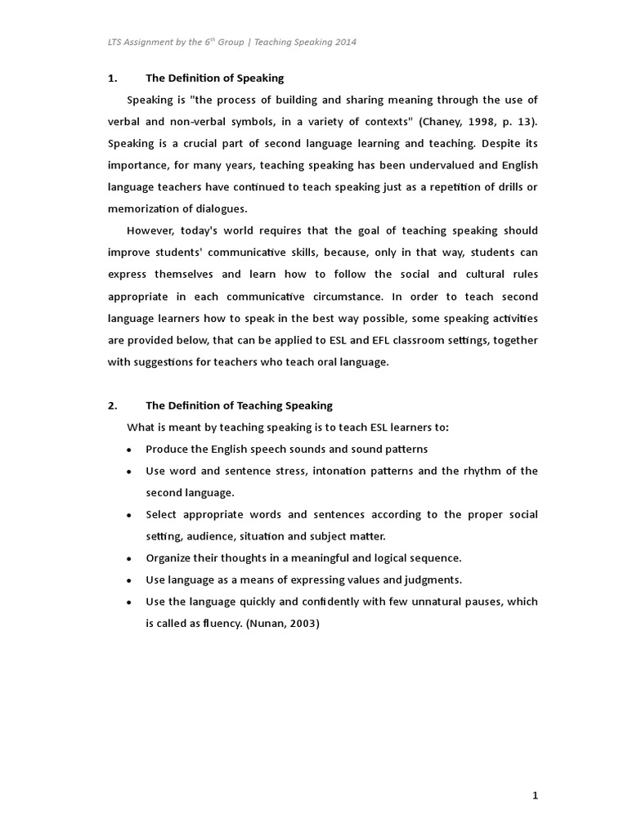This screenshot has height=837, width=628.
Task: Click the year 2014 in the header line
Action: (x=345, y=41)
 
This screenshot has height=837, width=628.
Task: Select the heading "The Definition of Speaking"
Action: (x=214, y=78)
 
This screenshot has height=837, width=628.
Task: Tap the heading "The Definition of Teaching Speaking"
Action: (x=239, y=405)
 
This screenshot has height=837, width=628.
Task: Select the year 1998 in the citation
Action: (x=487, y=122)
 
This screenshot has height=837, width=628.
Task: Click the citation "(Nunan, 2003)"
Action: (x=282, y=623)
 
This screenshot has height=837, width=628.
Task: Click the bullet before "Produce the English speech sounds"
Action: (x=130, y=450)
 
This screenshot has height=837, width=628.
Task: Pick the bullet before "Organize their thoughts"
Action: (x=130, y=559)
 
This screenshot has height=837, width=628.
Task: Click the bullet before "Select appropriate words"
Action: (x=130, y=516)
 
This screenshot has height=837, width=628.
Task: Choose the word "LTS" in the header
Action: (x=118, y=41)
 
